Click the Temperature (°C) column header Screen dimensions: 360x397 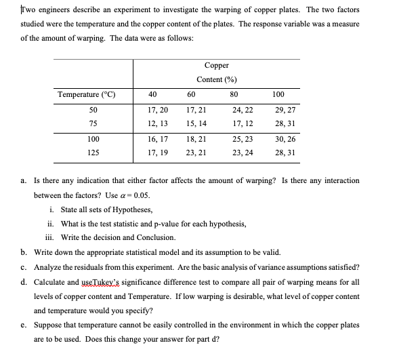point(86,94)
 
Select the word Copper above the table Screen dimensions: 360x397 point(215,66)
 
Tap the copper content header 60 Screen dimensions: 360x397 point(191,94)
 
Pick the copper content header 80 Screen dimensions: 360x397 point(234,94)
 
